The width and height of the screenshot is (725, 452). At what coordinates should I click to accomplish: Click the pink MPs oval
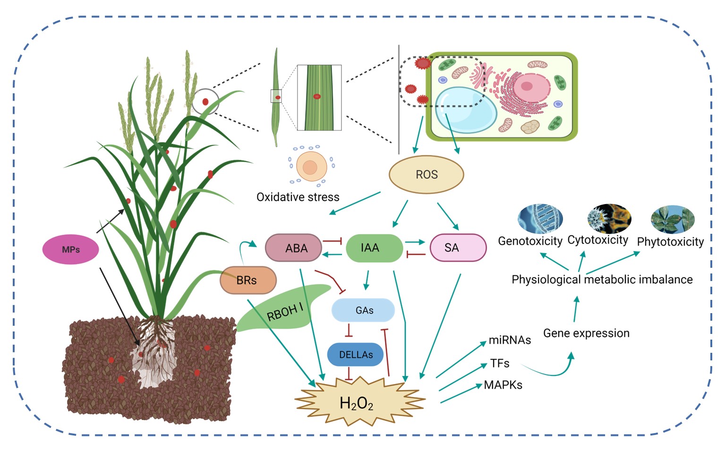pyautogui.click(x=71, y=249)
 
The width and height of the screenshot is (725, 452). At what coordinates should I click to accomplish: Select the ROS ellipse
pyautogui.click(x=426, y=175)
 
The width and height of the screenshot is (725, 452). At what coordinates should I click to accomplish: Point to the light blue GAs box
pyautogui.click(x=363, y=310)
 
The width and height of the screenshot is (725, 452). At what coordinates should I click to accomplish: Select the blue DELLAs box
pyautogui.click(x=355, y=355)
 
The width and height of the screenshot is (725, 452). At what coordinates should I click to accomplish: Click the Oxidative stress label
pyautogui.click(x=298, y=197)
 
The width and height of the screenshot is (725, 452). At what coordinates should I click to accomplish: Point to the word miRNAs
pyautogui.click(x=510, y=340)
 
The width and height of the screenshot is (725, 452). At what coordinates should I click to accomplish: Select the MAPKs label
pyautogui.click(x=503, y=385)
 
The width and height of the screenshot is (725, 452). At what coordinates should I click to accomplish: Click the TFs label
pyautogui.click(x=500, y=363)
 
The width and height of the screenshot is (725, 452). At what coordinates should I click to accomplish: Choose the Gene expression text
pyautogui.click(x=586, y=333)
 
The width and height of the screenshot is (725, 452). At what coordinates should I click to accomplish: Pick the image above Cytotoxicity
pyautogui.click(x=609, y=218)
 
